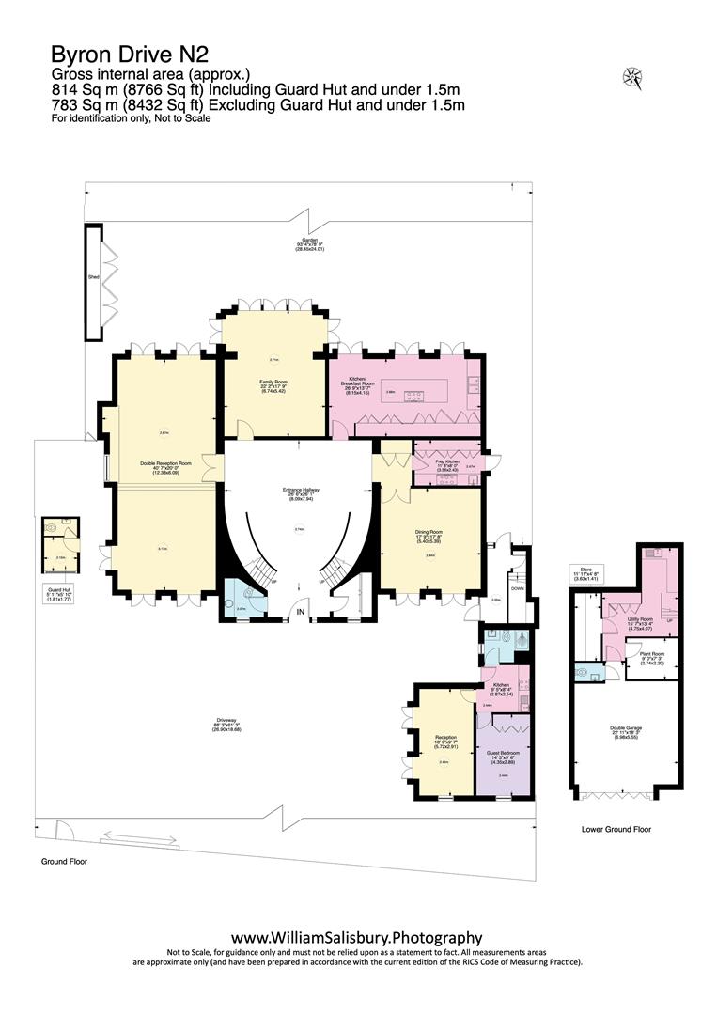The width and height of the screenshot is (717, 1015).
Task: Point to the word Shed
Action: click(x=94, y=278)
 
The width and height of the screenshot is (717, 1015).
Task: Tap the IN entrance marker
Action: click(x=301, y=613)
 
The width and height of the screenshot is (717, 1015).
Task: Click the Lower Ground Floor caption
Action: click(x=616, y=830)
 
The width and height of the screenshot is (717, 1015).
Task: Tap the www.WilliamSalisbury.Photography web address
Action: click(x=357, y=937)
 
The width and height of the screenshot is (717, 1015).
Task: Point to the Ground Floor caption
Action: click(x=65, y=861)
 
